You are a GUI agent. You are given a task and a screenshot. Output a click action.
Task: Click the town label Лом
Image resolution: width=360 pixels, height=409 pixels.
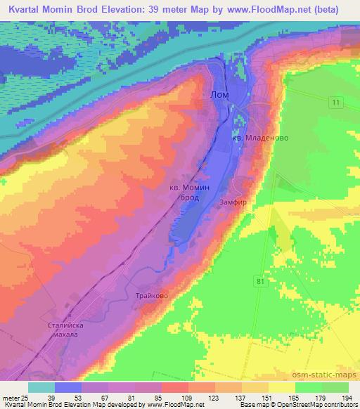click(x=219, y=93)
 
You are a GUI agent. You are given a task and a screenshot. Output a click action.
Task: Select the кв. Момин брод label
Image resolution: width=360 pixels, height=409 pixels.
click(x=190, y=193)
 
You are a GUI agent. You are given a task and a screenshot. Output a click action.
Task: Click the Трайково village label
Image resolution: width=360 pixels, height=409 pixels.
click(x=152, y=297)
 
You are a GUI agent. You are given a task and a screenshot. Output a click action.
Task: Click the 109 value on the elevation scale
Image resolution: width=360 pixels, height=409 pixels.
click(x=187, y=399)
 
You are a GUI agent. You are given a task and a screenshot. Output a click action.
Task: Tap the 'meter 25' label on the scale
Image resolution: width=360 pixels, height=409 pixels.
click(x=15, y=399)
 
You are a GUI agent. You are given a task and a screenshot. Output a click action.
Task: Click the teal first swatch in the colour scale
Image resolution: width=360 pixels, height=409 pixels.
click(x=41, y=387)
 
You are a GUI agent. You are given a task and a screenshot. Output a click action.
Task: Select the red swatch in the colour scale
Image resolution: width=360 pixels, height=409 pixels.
click(x=175, y=387)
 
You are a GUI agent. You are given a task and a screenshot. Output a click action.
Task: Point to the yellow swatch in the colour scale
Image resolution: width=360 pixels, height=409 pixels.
click(x=282, y=387)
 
